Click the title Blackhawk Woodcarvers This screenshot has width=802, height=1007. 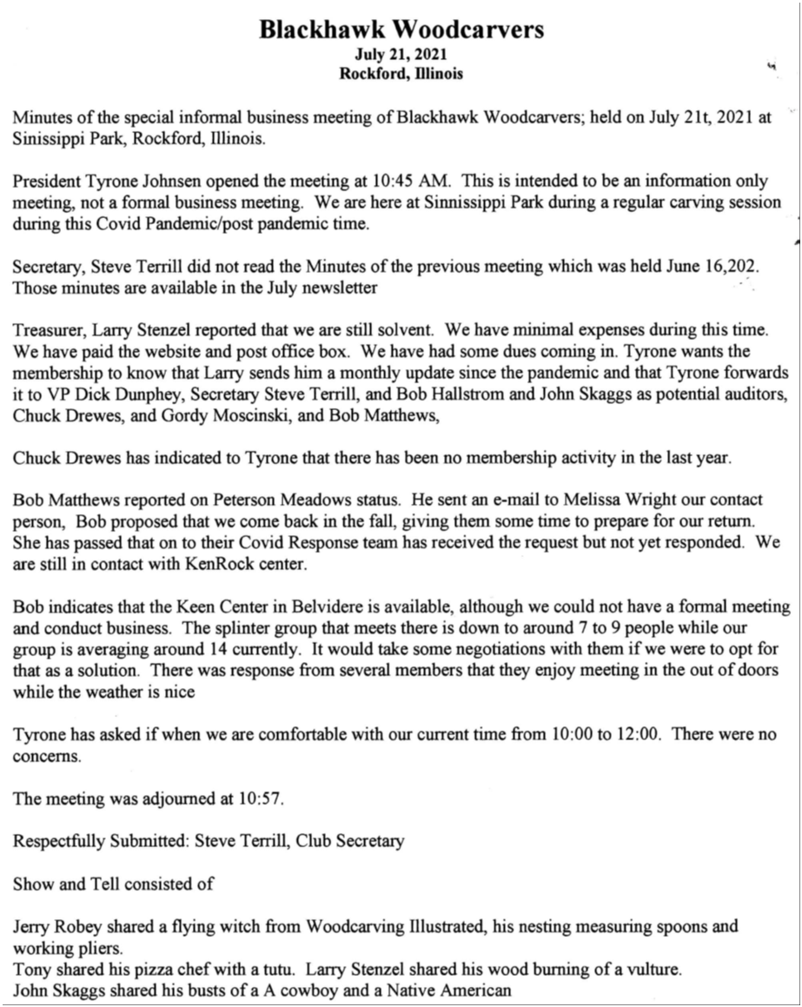point(401,30)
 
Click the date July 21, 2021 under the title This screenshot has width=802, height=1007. point(401,56)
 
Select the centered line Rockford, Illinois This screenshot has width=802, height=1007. point(401,74)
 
